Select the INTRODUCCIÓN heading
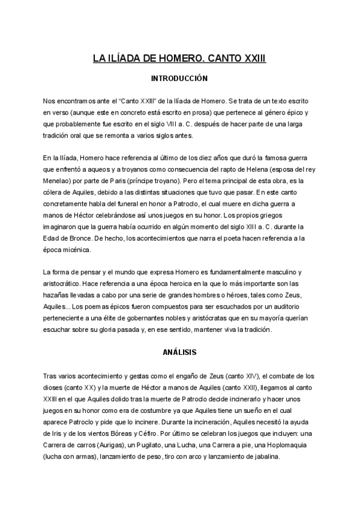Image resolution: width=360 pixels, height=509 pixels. click(x=179, y=78)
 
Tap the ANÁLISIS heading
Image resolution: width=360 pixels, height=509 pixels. click(x=179, y=352)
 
